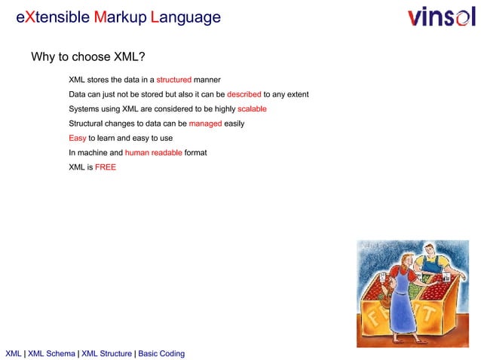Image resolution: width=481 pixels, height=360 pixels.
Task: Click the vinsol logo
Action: point(441,17)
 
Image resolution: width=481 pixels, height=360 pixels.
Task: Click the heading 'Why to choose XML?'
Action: point(87,57)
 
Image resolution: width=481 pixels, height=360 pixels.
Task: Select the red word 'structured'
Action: point(173,80)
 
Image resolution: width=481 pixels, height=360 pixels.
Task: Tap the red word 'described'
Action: point(244,94)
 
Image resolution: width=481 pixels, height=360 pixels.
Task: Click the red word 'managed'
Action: point(205,123)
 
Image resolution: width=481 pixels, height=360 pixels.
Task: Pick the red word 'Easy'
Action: point(78,138)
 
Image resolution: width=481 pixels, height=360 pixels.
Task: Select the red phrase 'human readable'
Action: point(153,152)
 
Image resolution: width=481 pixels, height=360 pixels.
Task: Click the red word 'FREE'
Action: point(106,166)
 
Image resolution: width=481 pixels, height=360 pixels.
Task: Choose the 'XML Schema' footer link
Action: point(51,353)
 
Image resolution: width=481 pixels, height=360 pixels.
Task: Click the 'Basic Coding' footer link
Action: point(161,353)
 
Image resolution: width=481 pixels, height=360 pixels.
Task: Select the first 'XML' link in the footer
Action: point(14,353)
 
